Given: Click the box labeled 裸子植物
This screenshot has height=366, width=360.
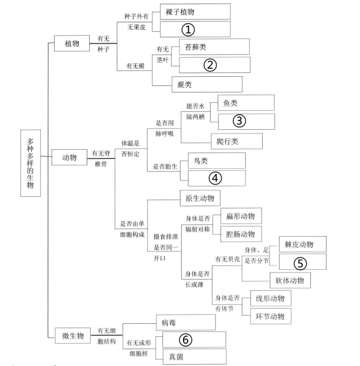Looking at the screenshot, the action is coord(195,12).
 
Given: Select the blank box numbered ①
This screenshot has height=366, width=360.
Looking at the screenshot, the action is coord(195,29).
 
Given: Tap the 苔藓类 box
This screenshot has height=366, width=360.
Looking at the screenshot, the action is coord(214,47).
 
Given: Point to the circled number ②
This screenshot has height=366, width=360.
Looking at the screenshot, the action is coord(210,65).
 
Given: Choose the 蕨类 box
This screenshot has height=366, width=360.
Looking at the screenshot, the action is coord(207,84).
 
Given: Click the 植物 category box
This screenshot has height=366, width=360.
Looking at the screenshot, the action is coord(72,43).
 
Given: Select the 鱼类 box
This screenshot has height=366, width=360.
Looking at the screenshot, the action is coord(246,103).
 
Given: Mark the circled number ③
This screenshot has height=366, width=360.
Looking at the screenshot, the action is coord(239,121).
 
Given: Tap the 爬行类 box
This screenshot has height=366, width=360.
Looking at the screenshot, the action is coord(237,141).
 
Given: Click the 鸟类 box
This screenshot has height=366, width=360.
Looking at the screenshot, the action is coord(217,161).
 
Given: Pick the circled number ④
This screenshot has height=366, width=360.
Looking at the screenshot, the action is coord(215,178).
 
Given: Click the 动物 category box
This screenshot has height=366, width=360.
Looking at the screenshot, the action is coord(69,157).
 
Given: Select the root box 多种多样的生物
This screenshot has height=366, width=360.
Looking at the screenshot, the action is coord(31,163).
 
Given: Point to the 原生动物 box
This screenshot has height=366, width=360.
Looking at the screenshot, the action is coord(200,198).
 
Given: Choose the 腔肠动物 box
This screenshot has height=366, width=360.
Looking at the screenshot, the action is coord(241,234).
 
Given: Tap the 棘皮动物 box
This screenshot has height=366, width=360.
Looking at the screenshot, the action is coord(303,244).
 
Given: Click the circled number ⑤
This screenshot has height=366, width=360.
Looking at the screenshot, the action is coord(300,263).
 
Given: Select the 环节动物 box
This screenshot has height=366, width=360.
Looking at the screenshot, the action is coord(271,316).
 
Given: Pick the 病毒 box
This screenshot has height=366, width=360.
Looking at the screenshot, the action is coord(186,323).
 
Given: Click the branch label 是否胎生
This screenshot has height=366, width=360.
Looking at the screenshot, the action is coord(165,167).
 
